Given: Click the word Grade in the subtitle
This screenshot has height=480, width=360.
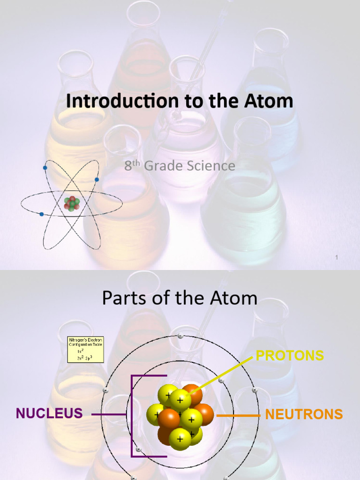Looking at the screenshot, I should click(162, 165).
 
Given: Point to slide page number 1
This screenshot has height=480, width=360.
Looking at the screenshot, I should click(337, 257).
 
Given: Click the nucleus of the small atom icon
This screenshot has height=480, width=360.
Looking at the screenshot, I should click(72, 203).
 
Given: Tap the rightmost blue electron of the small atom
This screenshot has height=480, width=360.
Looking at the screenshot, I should click(97, 180).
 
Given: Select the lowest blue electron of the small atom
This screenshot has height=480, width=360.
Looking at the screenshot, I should click(42, 214).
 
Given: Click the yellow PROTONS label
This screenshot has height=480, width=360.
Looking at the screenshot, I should click(290, 355).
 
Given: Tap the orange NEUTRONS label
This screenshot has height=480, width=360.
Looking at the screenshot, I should click(304, 414).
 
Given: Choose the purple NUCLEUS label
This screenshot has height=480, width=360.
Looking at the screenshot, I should click(49, 413).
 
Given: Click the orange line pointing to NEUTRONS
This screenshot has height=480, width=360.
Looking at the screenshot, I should click(239, 415).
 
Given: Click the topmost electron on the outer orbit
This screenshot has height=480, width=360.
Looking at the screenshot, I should click(180, 336).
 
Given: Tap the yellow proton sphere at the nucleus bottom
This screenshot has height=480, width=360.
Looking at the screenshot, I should click(180, 439).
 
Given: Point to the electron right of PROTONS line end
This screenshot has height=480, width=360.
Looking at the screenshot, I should click(255, 390).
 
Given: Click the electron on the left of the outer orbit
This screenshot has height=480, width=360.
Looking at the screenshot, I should click(105, 390).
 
